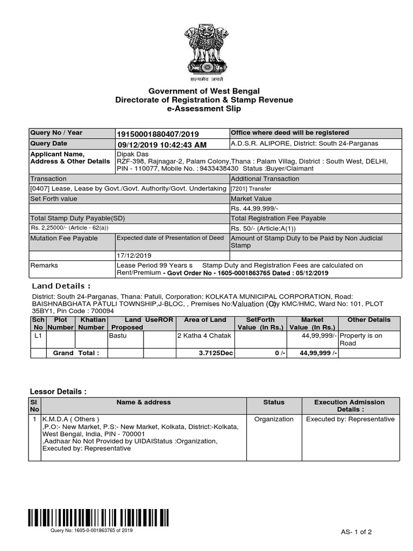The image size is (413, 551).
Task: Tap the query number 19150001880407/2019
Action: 158,133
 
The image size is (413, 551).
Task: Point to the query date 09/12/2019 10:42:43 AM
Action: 162,144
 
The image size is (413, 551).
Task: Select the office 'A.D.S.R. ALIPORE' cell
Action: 304,144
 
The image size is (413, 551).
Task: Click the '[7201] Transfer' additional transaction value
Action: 251,189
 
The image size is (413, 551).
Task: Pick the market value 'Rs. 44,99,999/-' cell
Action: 254,209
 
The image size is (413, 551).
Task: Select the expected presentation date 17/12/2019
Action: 134,256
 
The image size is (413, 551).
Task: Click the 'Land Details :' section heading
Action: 61,286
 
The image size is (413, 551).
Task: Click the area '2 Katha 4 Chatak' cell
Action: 204,335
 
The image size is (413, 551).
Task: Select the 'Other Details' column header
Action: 368,320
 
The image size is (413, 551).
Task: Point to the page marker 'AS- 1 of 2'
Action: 356,532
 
